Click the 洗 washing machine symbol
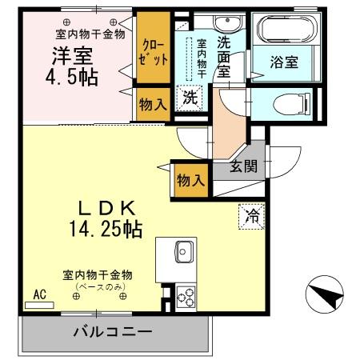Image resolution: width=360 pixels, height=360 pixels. pyautogui.click(x=190, y=96)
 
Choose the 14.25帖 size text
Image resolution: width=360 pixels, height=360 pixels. pyautogui.click(x=103, y=230)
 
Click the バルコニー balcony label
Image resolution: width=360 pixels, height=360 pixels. pyautogui.click(x=113, y=330)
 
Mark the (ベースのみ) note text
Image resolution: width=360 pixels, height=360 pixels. pyautogui.click(x=98, y=286)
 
